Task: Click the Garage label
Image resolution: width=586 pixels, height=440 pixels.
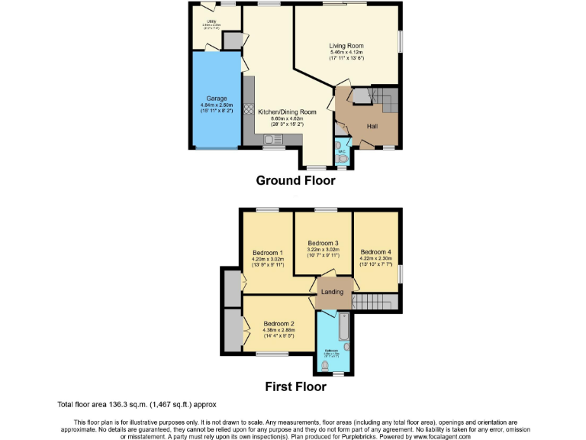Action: click(215, 98)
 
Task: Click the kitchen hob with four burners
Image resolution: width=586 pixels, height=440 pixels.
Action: click(248, 109)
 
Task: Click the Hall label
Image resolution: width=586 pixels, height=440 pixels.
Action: click(372, 126)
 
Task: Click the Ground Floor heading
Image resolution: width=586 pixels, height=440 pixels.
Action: click(295, 181)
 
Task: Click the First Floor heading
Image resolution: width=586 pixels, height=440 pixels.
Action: click(295, 387)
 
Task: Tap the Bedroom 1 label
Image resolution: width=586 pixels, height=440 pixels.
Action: click(268, 252)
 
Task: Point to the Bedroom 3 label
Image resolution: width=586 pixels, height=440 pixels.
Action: click(323, 243)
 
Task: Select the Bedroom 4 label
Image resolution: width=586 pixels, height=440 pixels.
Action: click(375, 252)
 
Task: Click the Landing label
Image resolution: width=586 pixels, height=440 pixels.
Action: click(332, 292)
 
